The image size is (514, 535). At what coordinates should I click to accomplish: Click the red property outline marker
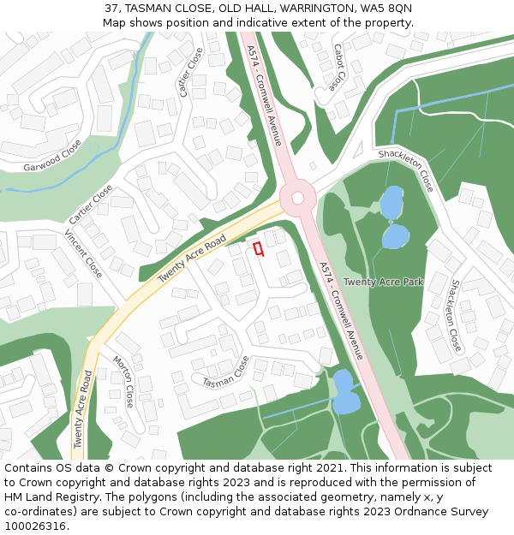258,248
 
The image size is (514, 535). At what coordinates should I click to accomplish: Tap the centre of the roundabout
297,198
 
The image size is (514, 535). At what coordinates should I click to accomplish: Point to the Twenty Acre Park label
383,282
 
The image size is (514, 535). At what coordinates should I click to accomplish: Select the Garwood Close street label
52,155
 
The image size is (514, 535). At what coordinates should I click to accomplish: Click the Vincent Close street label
83,254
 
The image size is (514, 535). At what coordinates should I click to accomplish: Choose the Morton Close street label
124,382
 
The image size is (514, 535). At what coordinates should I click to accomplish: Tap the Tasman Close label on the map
225,371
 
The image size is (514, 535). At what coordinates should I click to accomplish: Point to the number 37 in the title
111,8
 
